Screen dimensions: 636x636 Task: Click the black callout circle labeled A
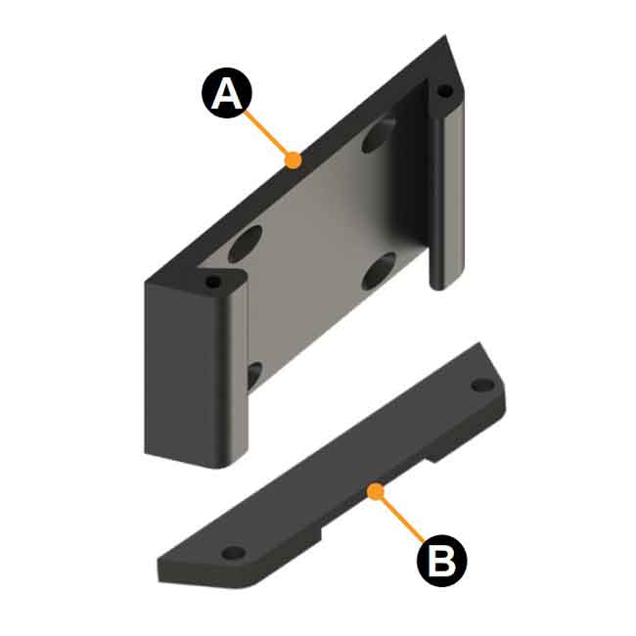click(226, 94)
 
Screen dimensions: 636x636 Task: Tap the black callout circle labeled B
click(442, 561)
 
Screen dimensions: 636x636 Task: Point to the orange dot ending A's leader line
click(292, 158)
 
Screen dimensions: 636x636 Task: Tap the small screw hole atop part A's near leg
click(213, 283)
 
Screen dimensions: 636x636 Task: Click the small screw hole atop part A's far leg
click(445, 91)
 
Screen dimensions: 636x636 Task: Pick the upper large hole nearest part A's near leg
click(246, 241)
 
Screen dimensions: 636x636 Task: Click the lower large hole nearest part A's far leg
click(378, 271)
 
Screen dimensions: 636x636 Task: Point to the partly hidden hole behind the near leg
click(253, 374)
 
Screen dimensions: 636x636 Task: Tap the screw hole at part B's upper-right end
click(481, 385)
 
